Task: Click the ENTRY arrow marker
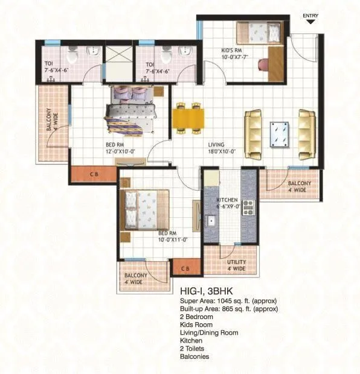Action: tap(311, 21)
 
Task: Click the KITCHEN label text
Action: tap(227, 200)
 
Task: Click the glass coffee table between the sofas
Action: tap(279, 134)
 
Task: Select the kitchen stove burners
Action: tap(249, 212)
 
